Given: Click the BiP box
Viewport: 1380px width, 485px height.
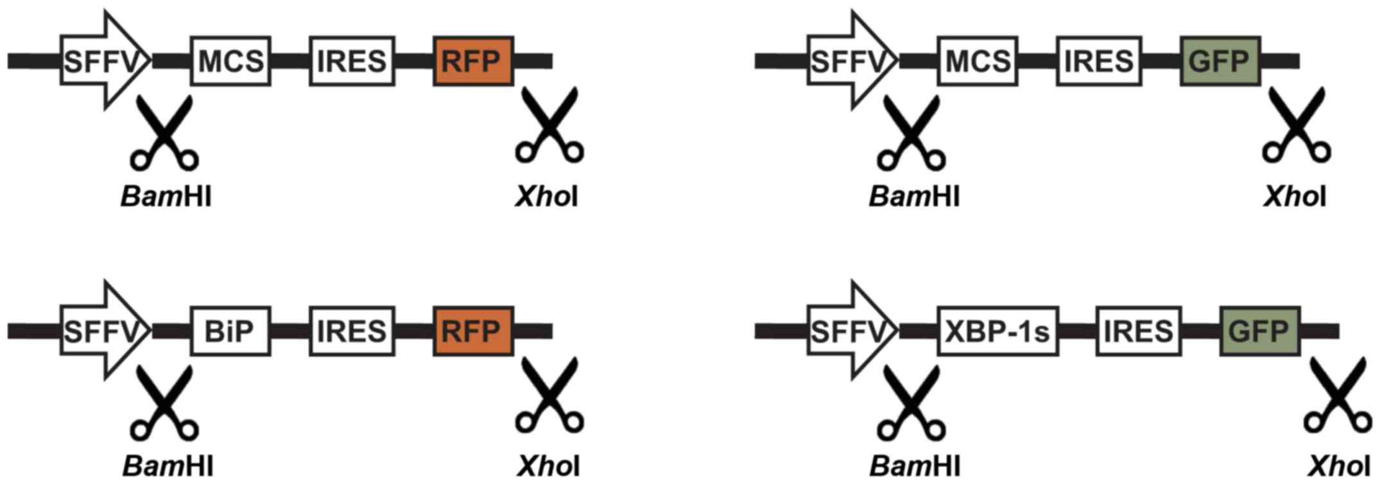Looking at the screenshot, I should point(230,331).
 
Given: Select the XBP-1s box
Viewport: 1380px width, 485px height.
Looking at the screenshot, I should point(997,331).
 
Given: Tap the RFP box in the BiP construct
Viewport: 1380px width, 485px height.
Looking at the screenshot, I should point(472,331).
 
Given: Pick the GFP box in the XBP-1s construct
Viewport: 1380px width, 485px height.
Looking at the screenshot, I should point(1259,331).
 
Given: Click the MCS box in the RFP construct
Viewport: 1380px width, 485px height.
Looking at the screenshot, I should point(230,61).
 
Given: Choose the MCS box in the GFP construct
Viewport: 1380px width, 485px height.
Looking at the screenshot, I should point(977,61).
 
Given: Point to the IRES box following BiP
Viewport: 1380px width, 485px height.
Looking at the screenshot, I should point(352,331).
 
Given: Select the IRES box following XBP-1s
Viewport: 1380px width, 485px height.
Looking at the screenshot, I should point(1138,331).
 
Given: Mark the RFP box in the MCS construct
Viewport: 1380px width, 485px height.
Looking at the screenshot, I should point(472,61).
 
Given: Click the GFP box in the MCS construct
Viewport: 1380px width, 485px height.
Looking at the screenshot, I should point(1220,61).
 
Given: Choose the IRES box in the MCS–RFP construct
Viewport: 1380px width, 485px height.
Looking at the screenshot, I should point(352,61).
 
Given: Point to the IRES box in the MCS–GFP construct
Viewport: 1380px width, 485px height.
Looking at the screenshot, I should point(1098,61).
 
